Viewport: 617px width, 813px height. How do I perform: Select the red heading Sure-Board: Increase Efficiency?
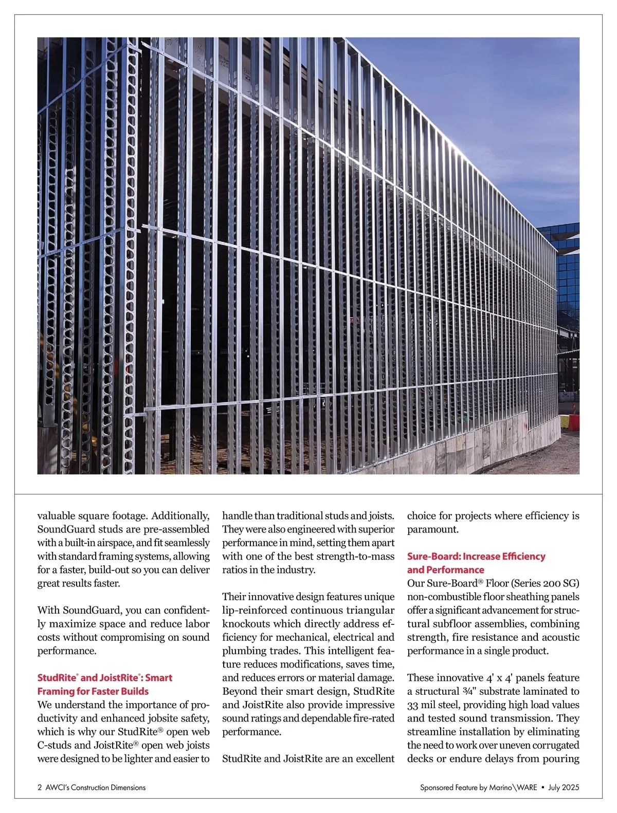coord(476,557)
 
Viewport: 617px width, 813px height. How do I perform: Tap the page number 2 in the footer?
coord(40,787)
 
